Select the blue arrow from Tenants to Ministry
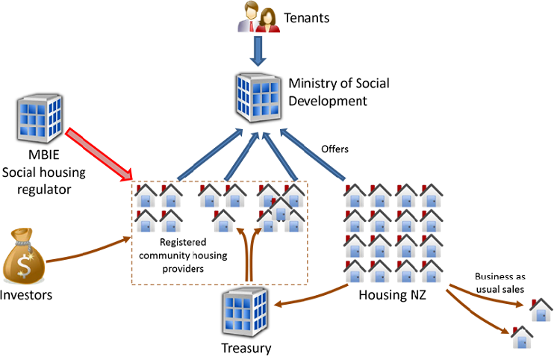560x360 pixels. tap(258, 52)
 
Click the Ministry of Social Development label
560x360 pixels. tap(339, 93)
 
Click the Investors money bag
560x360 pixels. tap(22, 255)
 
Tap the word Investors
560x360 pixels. tap(26, 295)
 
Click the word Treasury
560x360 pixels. tap(246, 348)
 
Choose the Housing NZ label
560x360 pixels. tap(391, 294)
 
